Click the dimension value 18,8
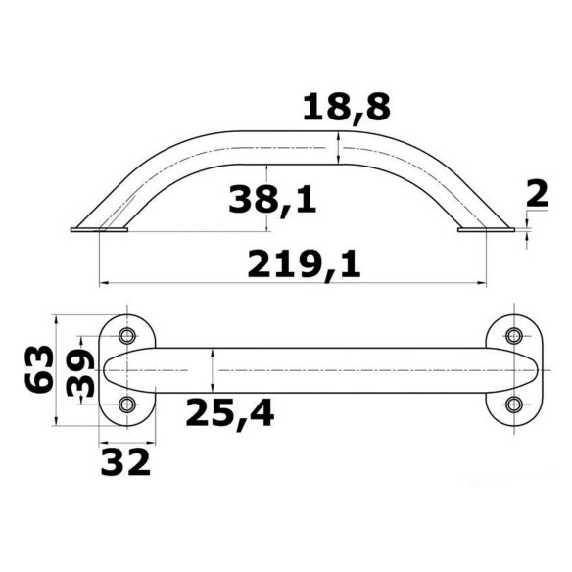point(347,107)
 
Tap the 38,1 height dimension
point(272,199)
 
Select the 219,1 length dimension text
point(304,264)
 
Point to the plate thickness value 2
point(538,195)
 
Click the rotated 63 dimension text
point(38,369)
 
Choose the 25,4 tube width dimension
point(230,413)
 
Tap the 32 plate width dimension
point(125,462)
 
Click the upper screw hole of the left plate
point(127,336)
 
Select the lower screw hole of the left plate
point(127,405)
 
